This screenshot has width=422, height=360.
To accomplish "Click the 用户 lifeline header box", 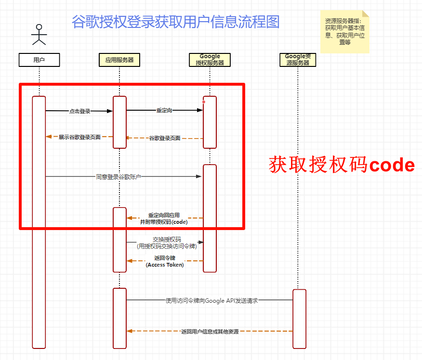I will (39, 60).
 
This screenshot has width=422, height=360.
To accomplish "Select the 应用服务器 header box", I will (119, 60).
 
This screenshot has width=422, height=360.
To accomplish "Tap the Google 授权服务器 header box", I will (210, 60).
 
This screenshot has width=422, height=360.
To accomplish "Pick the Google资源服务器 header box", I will (298, 60).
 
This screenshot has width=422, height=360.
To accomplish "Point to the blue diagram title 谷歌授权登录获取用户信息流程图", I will (175, 22).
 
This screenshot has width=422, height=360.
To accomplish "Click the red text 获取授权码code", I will (342, 165).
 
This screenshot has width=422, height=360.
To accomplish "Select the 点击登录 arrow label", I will (79, 111).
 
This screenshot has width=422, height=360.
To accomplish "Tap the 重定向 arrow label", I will (164, 110).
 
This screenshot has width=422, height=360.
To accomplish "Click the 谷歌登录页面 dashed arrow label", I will (164, 138).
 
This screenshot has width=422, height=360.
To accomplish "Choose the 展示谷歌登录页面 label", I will (79, 137).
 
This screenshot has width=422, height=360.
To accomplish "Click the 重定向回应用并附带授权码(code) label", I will (164, 219).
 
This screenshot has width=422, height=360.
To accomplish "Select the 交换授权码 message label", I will (166, 243).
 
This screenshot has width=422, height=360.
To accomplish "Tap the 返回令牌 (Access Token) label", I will (165, 261).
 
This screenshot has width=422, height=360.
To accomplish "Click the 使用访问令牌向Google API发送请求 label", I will (211, 300).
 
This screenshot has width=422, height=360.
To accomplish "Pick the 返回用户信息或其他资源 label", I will (210, 332).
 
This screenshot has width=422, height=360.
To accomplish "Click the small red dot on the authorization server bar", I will (204, 102).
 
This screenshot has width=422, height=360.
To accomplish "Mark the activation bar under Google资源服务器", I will (299, 318).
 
